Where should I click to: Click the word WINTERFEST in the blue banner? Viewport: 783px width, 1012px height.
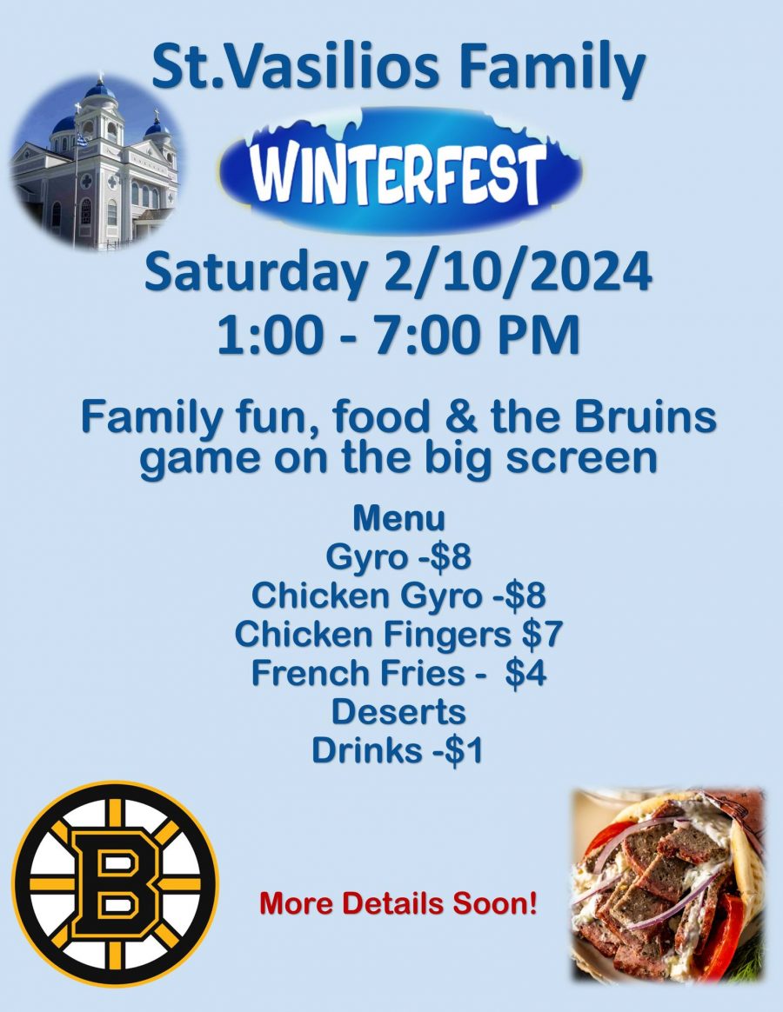(x=401, y=171)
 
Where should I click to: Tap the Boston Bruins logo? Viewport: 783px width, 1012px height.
(x=115, y=882)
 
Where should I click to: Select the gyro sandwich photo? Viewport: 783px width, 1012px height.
(x=667, y=882)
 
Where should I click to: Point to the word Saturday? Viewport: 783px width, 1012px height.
(x=255, y=273)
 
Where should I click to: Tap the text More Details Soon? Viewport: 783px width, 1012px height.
(x=398, y=904)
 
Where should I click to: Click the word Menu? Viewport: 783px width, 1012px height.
(x=398, y=518)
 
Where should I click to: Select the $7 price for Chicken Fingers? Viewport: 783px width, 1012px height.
(x=542, y=635)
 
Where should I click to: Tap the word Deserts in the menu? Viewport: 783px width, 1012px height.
(x=398, y=712)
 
